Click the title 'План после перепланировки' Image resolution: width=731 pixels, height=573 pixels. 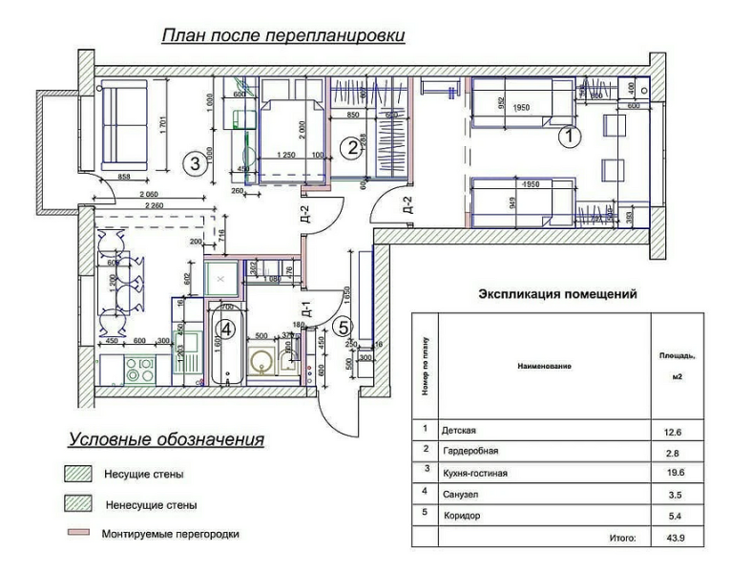[283, 35]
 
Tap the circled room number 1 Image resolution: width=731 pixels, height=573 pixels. [568, 137]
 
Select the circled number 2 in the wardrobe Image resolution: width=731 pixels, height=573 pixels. [352, 147]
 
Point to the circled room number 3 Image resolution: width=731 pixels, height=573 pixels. [194, 162]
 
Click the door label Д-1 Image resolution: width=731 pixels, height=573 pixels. [306, 311]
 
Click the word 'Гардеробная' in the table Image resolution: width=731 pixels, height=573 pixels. [470, 451]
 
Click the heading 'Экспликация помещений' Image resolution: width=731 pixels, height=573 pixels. [556, 295]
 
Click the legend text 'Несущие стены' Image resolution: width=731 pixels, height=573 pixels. [142, 474]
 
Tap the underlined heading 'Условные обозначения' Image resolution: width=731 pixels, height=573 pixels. [165, 440]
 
